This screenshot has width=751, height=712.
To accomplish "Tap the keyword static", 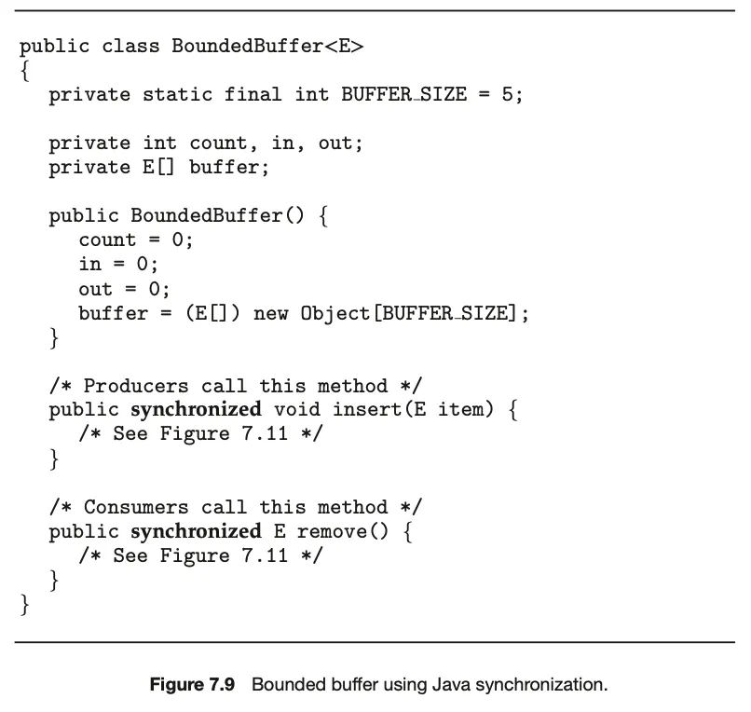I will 177,94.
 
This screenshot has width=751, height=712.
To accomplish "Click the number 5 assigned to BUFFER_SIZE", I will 506,94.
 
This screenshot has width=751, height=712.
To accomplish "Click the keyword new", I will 270,313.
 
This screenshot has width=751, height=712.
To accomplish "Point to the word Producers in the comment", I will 136,386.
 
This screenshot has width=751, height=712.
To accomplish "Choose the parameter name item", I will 462,410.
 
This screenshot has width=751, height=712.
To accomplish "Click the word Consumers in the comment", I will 136,507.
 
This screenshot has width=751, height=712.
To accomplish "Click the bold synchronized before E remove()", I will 196,531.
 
